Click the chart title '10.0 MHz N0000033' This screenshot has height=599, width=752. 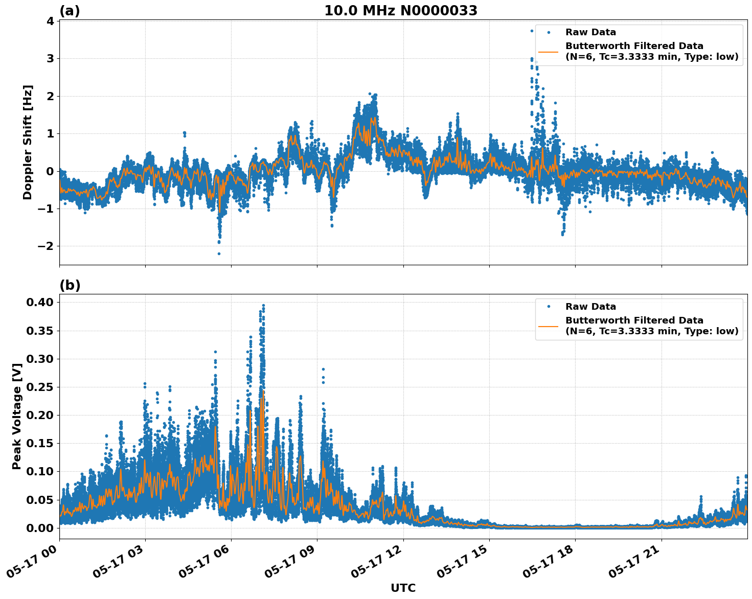pyautogui.click(x=400, y=11)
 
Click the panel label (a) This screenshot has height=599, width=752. pyautogui.click(x=70, y=11)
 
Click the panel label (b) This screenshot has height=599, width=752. pyautogui.click(x=70, y=285)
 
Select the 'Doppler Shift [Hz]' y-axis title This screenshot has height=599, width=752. pyautogui.click(x=28, y=142)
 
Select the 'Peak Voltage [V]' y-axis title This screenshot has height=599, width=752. pyautogui.click(x=17, y=416)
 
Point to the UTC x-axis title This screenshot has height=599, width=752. pyautogui.click(x=403, y=588)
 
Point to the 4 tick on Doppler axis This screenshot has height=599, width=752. pyautogui.click(x=50, y=21)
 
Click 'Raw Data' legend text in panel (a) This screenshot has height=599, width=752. pyautogui.click(x=590, y=32)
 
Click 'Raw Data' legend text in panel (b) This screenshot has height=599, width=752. pyautogui.click(x=590, y=307)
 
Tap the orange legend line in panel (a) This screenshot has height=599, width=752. pyautogui.click(x=549, y=52)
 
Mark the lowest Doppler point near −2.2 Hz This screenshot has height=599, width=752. pyautogui.click(x=219, y=254)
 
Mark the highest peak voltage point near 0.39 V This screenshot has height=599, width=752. pyautogui.click(x=263, y=306)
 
